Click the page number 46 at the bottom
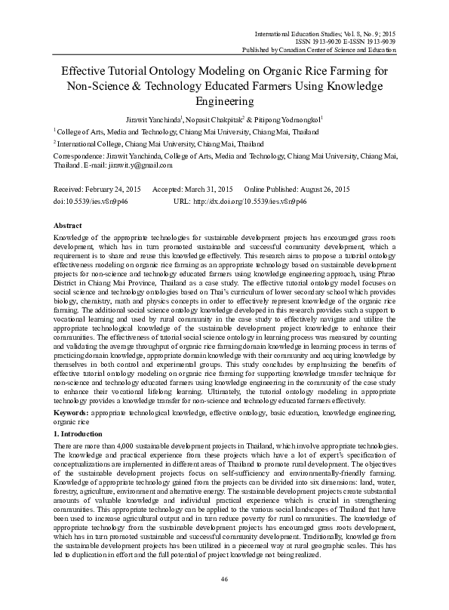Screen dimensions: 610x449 (x=224, y=578)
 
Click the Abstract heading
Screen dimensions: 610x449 (x=69, y=226)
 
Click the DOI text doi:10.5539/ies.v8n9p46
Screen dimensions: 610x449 (x=91, y=202)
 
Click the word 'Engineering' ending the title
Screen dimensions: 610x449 (x=224, y=100)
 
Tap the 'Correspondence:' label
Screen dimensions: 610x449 (x=78, y=155)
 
